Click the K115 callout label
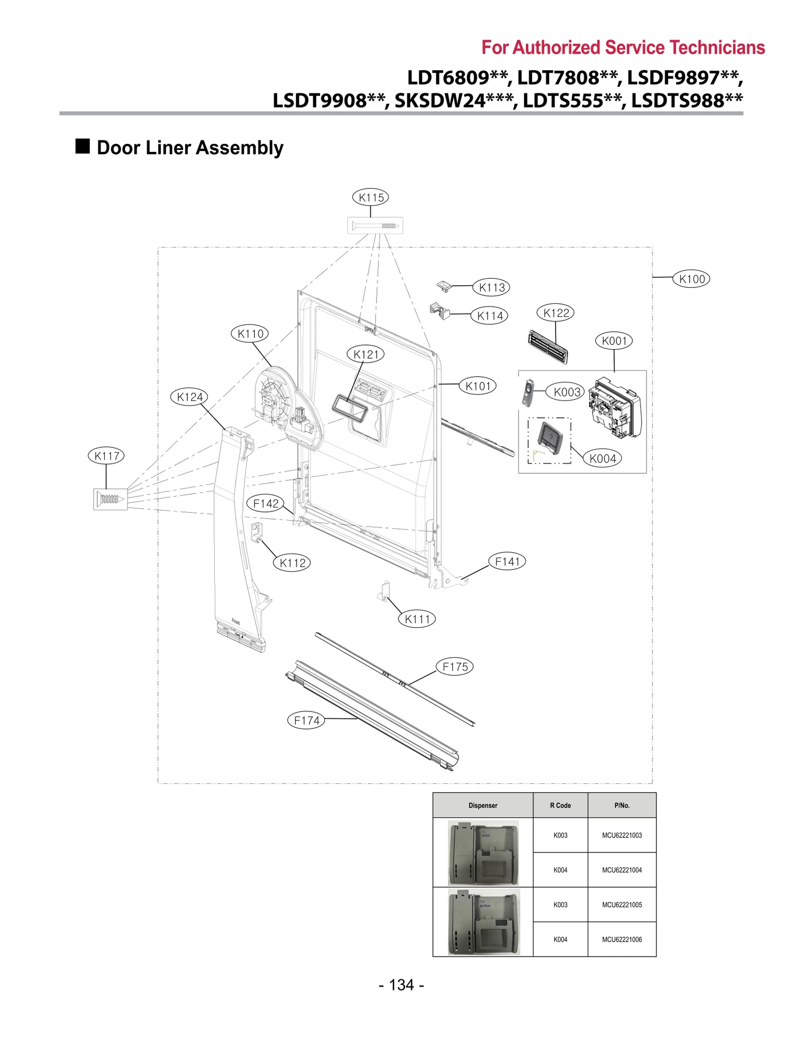370,197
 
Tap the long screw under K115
375,226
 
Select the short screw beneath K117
110,499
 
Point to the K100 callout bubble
691,279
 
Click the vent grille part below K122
548,346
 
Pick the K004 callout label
602,458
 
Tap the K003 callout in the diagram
567,392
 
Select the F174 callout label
306,721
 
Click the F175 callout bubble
455,667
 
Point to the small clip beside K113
444,286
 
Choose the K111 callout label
417,619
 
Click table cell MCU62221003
621,835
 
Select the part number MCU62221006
621,939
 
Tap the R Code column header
560,805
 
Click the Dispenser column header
483,805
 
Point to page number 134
401,985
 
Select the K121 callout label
365,354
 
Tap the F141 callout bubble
507,562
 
